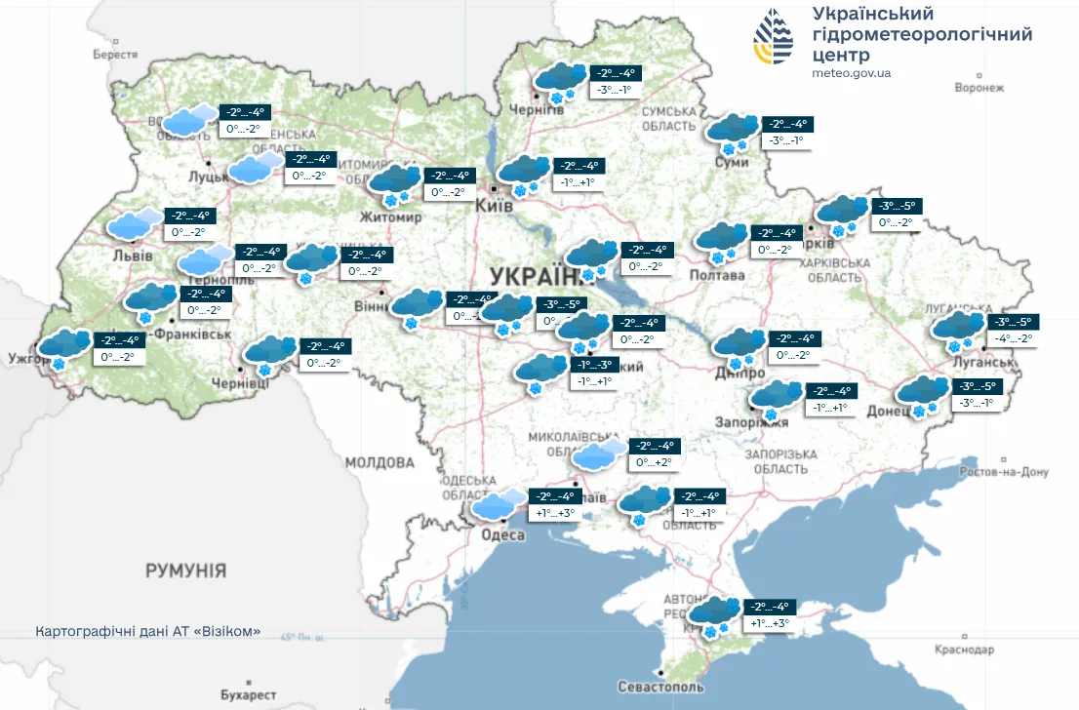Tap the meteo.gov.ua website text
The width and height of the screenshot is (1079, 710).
(851, 73)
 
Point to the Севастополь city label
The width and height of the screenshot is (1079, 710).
(660, 687)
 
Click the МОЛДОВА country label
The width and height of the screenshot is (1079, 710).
(380, 461)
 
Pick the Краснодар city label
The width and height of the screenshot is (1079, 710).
(964, 650)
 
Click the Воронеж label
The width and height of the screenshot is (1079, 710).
(979, 88)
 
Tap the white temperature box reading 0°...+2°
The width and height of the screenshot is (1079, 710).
(654, 463)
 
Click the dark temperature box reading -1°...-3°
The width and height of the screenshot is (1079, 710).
(594, 364)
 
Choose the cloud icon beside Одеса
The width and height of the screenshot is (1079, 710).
(499, 505)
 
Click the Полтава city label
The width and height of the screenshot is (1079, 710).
(717, 275)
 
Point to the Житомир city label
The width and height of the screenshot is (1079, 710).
(390, 217)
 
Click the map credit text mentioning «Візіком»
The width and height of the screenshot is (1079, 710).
(147, 632)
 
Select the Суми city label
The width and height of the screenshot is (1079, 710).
(732, 162)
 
